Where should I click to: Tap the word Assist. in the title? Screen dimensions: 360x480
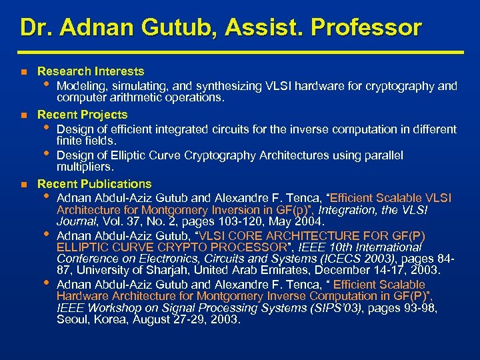(x=259, y=28)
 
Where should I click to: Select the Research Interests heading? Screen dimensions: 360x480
(x=91, y=71)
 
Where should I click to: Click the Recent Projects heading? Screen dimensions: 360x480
(x=83, y=115)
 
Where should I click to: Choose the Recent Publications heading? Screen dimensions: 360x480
(x=95, y=183)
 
